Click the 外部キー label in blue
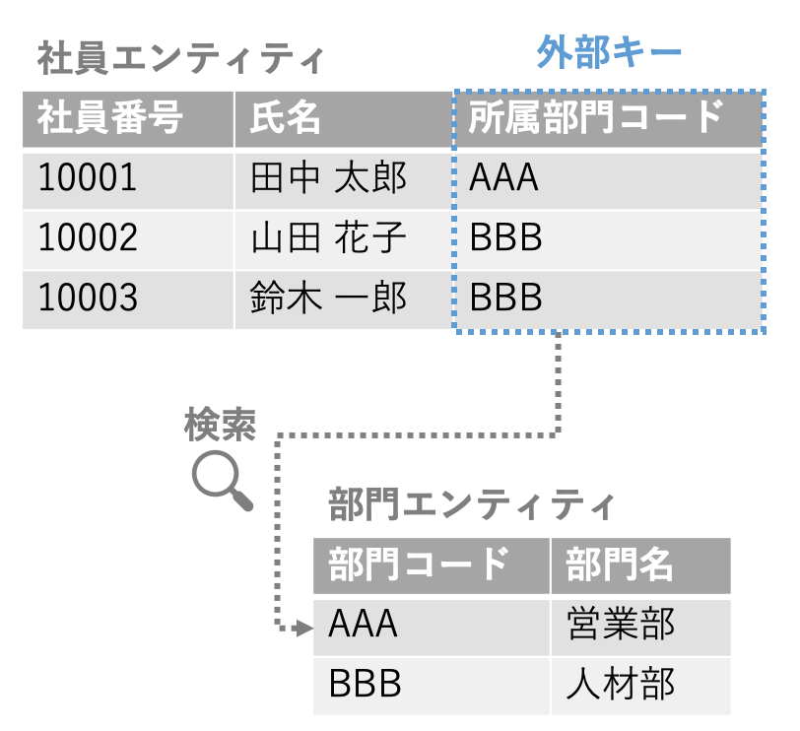point(608,53)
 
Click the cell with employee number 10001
point(88,178)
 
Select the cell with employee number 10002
point(88,238)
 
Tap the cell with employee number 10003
point(88,298)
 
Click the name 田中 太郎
point(329,178)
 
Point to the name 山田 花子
point(329,238)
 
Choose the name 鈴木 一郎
point(329,298)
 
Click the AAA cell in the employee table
point(504,178)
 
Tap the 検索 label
point(220,426)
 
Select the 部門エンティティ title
point(472,506)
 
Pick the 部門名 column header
point(620,565)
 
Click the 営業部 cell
point(621,625)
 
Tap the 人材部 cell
point(621,684)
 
